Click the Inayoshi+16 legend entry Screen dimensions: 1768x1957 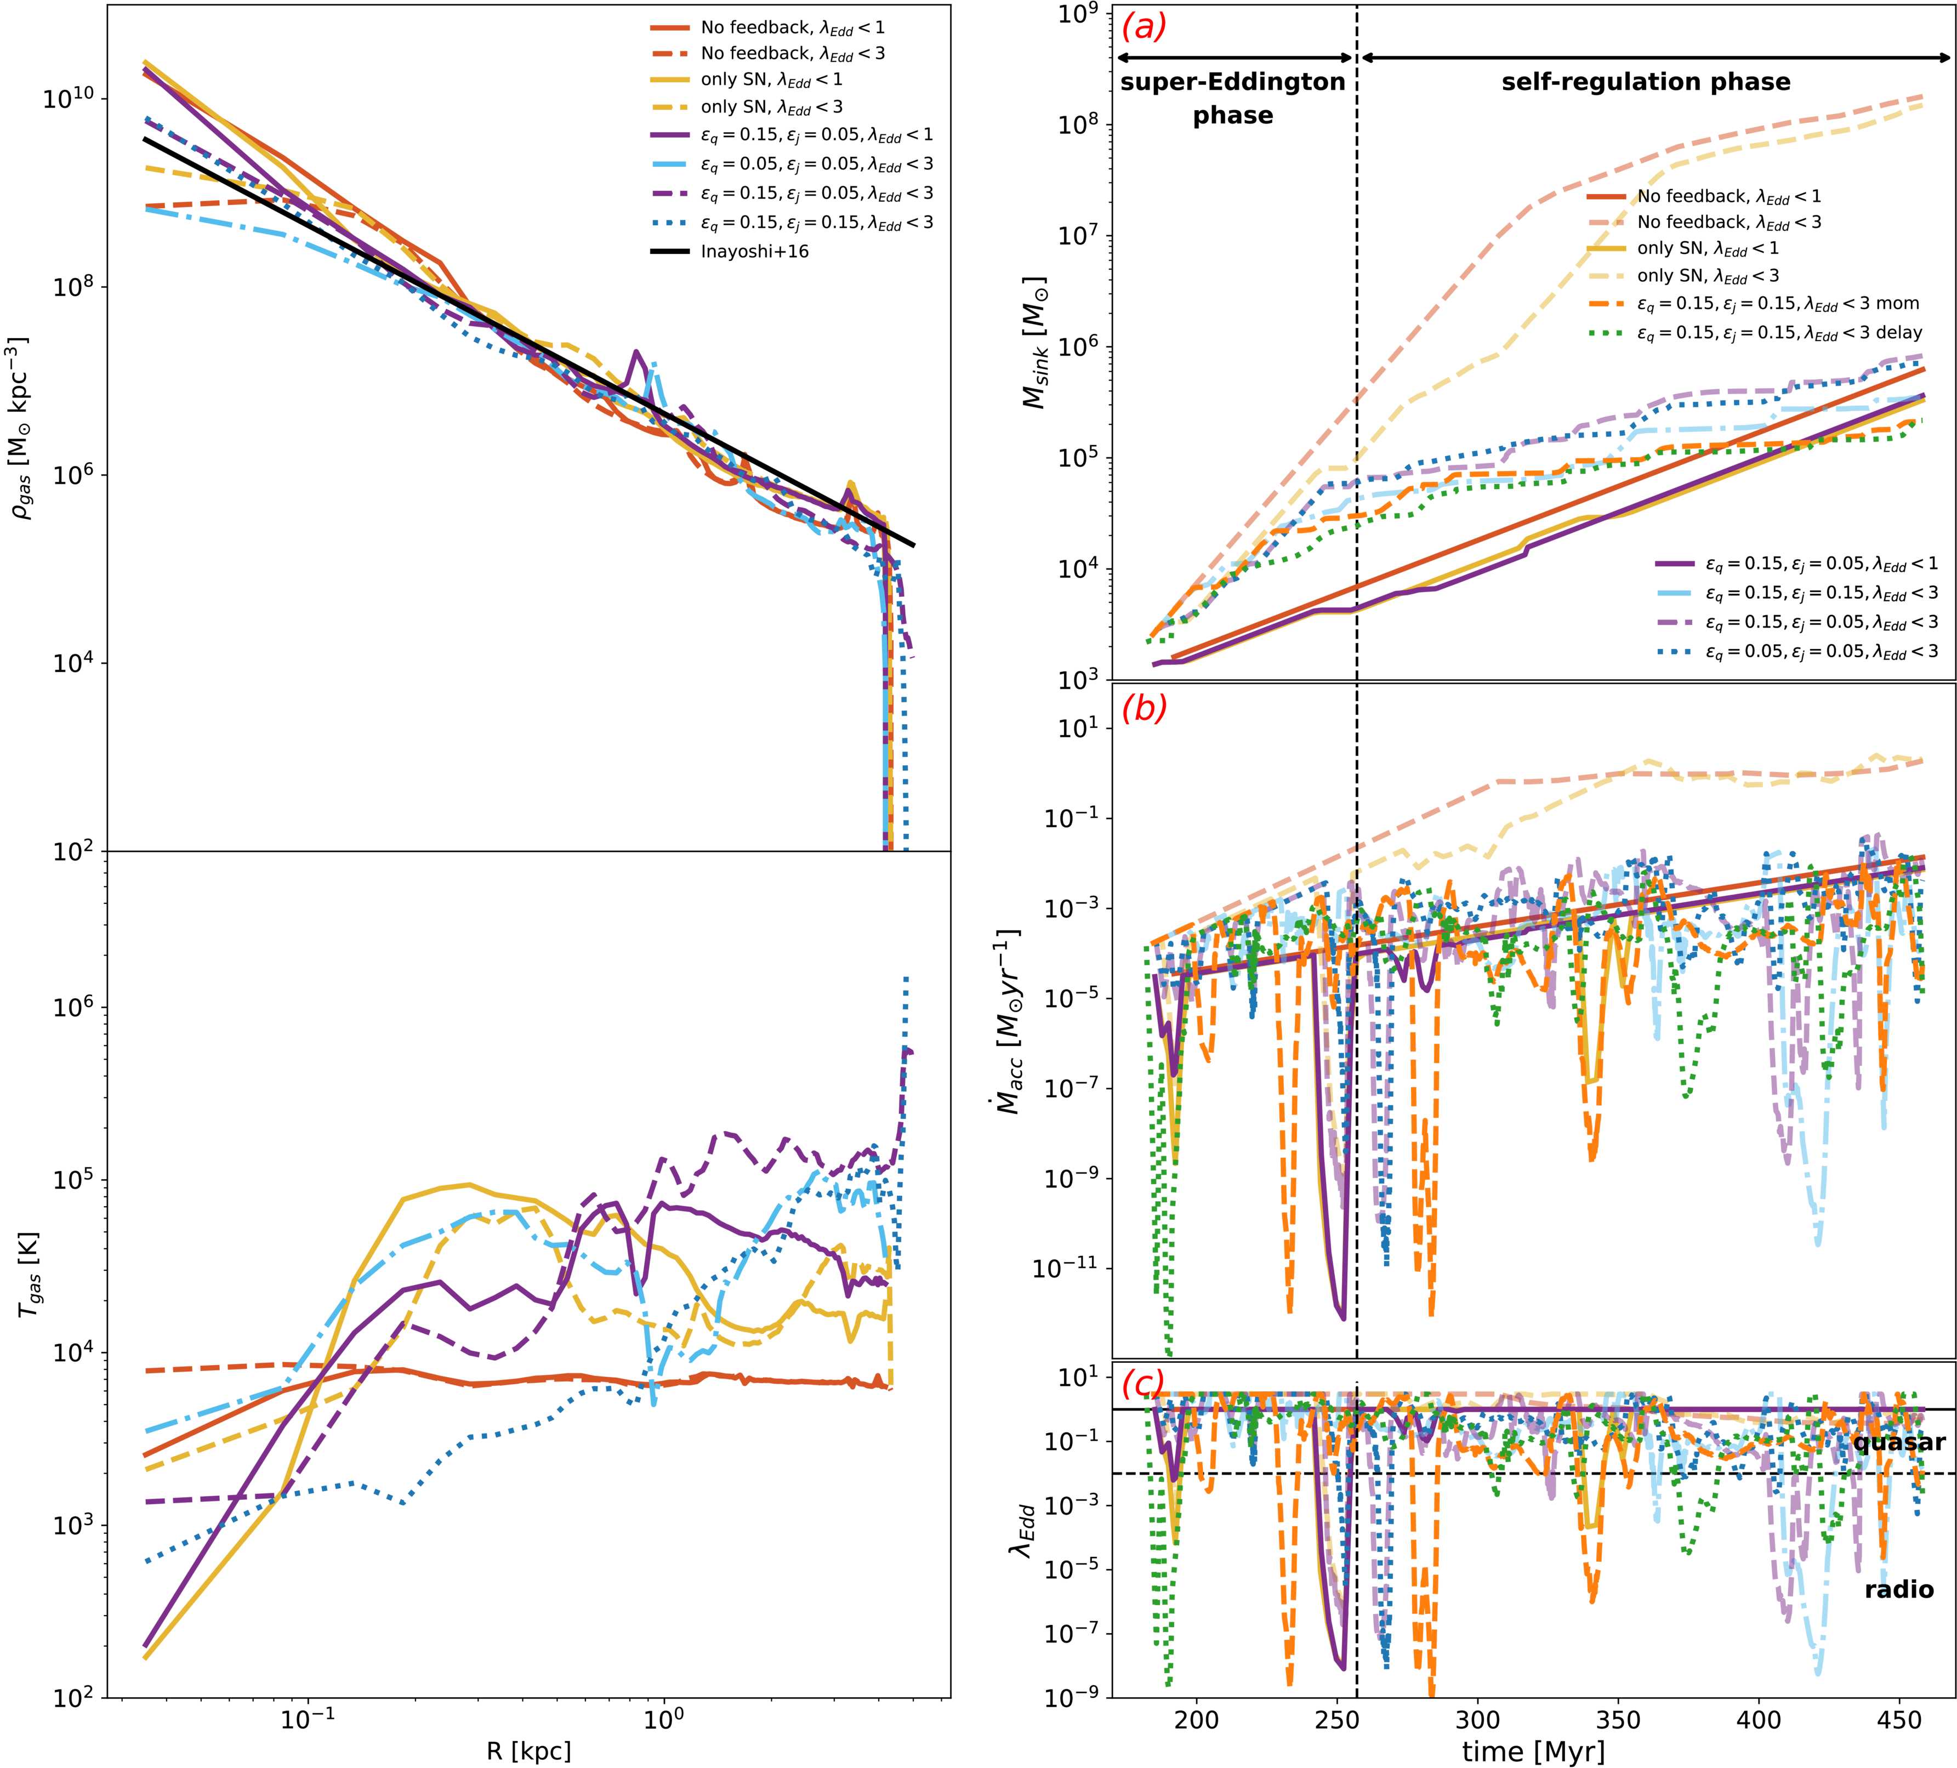click(x=754, y=252)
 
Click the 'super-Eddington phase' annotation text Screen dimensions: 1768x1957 click(x=1233, y=98)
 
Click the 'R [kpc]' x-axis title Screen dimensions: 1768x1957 click(x=529, y=1752)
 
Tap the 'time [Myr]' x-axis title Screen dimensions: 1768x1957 click(x=1534, y=1752)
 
